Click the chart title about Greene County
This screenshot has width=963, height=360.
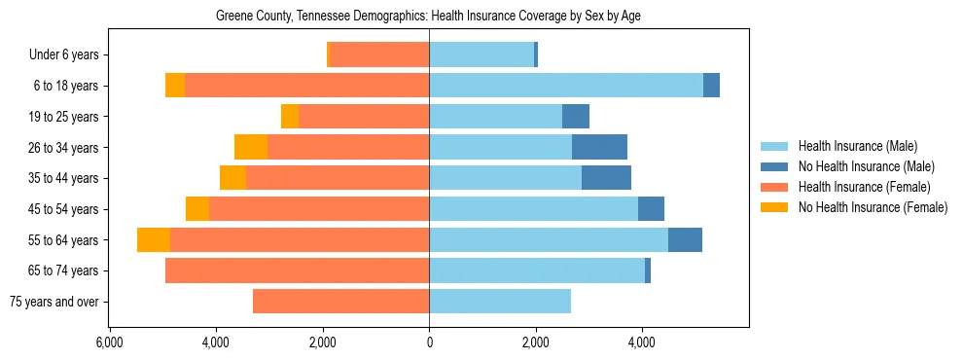(x=428, y=17)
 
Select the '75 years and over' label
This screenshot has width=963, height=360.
(x=53, y=302)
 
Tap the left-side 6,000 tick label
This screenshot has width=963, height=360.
(x=109, y=343)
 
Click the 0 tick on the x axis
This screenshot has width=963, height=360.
(x=429, y=343)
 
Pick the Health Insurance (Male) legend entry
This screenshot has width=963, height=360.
(x=858, y=146)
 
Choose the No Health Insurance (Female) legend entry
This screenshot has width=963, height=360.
(x=873, y=207)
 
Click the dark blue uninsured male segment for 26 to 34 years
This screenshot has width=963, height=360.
(x=599, y=147)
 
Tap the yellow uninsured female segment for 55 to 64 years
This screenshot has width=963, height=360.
(x=154, y=239)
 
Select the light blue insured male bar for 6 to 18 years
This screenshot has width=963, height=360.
(x=566, y=86)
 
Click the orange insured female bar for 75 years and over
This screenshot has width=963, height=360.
(x=340, y=302)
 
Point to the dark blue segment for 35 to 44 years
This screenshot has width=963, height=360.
(x=606, y=178)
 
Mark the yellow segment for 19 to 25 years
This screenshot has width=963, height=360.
(x=290, y=117)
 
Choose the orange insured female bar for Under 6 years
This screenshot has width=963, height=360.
(x=379, y=55)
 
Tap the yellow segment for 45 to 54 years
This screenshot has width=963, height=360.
(x=197, y=209)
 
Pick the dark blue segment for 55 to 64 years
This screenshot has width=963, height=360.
(x=685, y=239)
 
